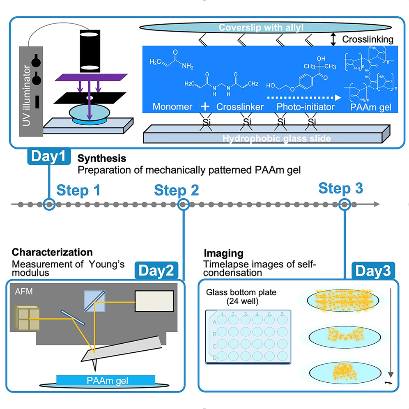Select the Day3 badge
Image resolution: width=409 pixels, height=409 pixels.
372,271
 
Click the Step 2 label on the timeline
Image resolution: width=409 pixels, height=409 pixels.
177,191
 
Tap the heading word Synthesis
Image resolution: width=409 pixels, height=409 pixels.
101,158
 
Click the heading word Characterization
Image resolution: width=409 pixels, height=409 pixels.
52,252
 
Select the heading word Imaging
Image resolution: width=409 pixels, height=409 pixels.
223,253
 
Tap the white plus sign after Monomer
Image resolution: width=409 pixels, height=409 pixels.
204,106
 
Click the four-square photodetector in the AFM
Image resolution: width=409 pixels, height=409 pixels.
28,318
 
